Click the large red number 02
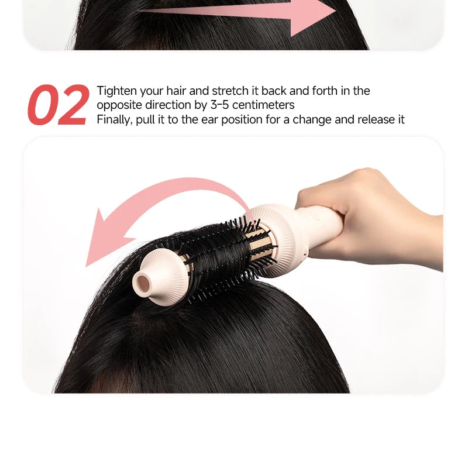pyautogui.click(x=58, y=105)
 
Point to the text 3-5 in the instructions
pyautogui.click(x=221, y=105)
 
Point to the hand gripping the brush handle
pyautogui.click(x=374, y=216)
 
